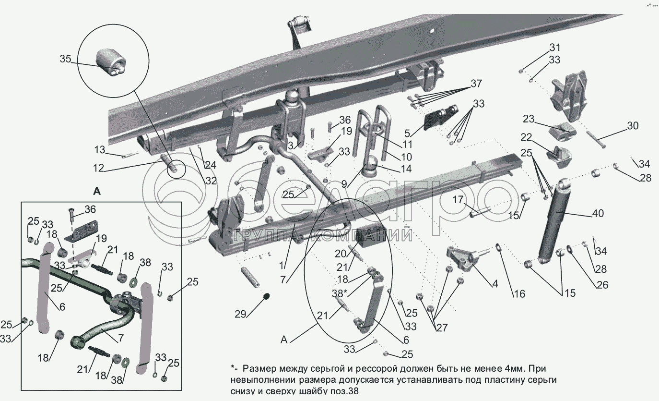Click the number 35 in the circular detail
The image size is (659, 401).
pyautogui.click(x=65, y=59)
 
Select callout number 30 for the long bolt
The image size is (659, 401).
pyautogui.click(x=632, y=126)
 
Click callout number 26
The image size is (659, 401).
pyautogui.click(x=601, y=285)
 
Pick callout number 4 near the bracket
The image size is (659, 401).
pyautogui.click(x=494, y=284)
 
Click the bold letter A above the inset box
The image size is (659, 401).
pyautogui.click(x=97, y=191)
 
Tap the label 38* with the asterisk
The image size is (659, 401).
pyautogui.click(x=338, y=292)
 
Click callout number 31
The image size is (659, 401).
pyautogui.click(x=554, y=48)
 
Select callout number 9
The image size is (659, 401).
pyautogui.click(x=345, y=183)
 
